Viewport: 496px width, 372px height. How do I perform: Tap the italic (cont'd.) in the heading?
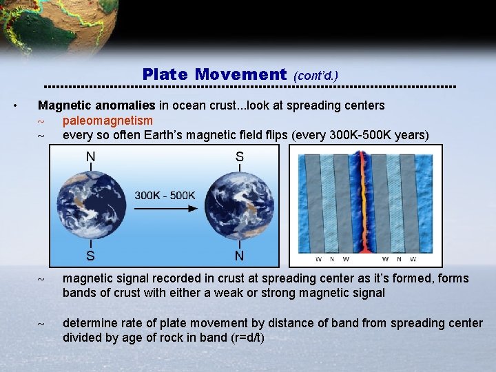tap(316, 76)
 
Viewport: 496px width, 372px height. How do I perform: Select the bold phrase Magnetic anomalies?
tap(96, 106)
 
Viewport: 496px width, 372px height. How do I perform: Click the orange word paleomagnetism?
tap(107, 121)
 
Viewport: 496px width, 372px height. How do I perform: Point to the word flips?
tap(276, 135)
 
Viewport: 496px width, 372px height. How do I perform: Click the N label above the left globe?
tap(90, 157)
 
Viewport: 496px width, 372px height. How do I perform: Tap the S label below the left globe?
tap(90, 256)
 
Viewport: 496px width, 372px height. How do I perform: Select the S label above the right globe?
tap(239, 157)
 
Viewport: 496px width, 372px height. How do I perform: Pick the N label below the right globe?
tap(239, 256)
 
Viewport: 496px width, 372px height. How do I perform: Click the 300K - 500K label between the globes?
tap(165, 195)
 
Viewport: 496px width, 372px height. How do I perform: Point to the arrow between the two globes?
tap(165, 209)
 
